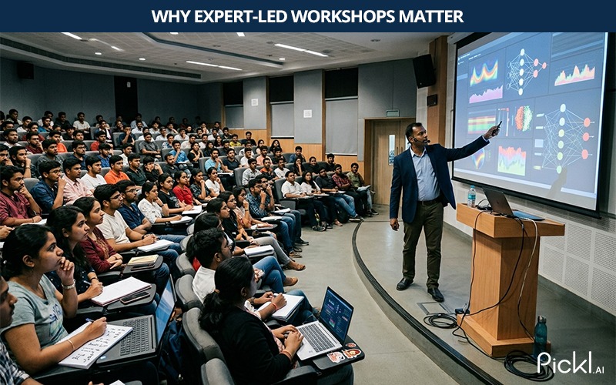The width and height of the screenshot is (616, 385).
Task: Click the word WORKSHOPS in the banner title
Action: pyautogui.click(x=343, y=16)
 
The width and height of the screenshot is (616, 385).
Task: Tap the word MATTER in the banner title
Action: pyautogui.click(x=431, y=16)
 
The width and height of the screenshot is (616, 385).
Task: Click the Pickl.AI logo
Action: pyautogui.click(x=571, y=363)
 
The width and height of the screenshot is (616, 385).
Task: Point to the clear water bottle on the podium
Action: pyautogui.click(x=471, y=196)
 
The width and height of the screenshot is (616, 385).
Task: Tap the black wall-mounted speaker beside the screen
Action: pyautogui.click(x=424, y=71)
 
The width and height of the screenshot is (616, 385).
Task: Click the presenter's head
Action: pyautogui.click(x=417, y=134)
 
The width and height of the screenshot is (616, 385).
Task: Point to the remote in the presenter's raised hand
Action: pyautogui.click(x=497, y=127)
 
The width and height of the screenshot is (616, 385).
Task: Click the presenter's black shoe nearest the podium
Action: pyautogui.click(x=435, y=294)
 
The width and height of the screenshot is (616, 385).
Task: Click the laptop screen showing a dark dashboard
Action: pyautogui.click(x=336, y=315)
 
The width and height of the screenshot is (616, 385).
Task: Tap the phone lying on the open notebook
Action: pyautogui.click(x=134, y=297)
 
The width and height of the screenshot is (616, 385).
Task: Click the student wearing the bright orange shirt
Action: pyautogui.click(x=116, y=170)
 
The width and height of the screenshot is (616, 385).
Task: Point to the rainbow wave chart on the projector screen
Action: pyautogui.click(x=484, y=73)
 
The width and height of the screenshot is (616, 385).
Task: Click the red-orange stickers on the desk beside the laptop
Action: pyautogui.click(x=344, y=353)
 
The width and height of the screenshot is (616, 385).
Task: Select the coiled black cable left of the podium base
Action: pyautogui.click(x=440, y=320)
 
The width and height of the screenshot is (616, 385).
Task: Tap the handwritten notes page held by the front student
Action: pyautogui.click(x=95, y=345)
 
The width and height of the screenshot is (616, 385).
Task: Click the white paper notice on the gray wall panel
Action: pyautogui.click(x=307, y=113)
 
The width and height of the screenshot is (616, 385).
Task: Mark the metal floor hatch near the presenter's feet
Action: pyautogui.click(x=434, y=307)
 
